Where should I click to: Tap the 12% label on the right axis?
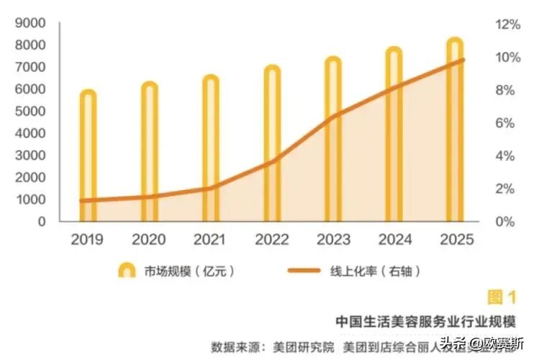point(506,24)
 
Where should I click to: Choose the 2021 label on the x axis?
point(210,240)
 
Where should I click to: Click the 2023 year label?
point(332,240)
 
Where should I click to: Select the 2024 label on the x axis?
point(394,240)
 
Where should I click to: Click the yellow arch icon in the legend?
point(127,271)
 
